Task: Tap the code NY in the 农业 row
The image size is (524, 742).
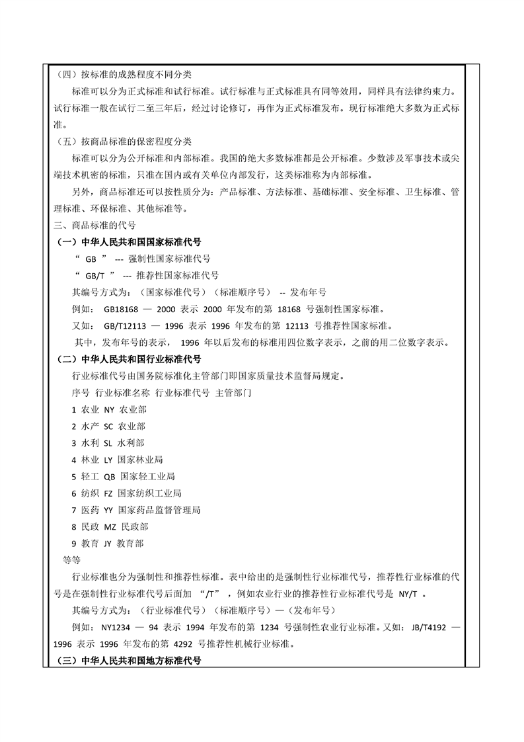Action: click(110, 410)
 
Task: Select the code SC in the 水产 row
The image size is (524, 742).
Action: click(109, 427)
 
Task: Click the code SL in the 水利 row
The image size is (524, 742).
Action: click(109, 443)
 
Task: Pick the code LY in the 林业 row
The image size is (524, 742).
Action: click(109, 460)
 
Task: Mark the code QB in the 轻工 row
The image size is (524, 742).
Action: click(110, 477)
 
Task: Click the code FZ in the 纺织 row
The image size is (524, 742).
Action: click(109, 493)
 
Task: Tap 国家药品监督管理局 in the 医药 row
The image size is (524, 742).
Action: click(159, 511)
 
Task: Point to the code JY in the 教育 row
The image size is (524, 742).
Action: click(108, 544)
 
